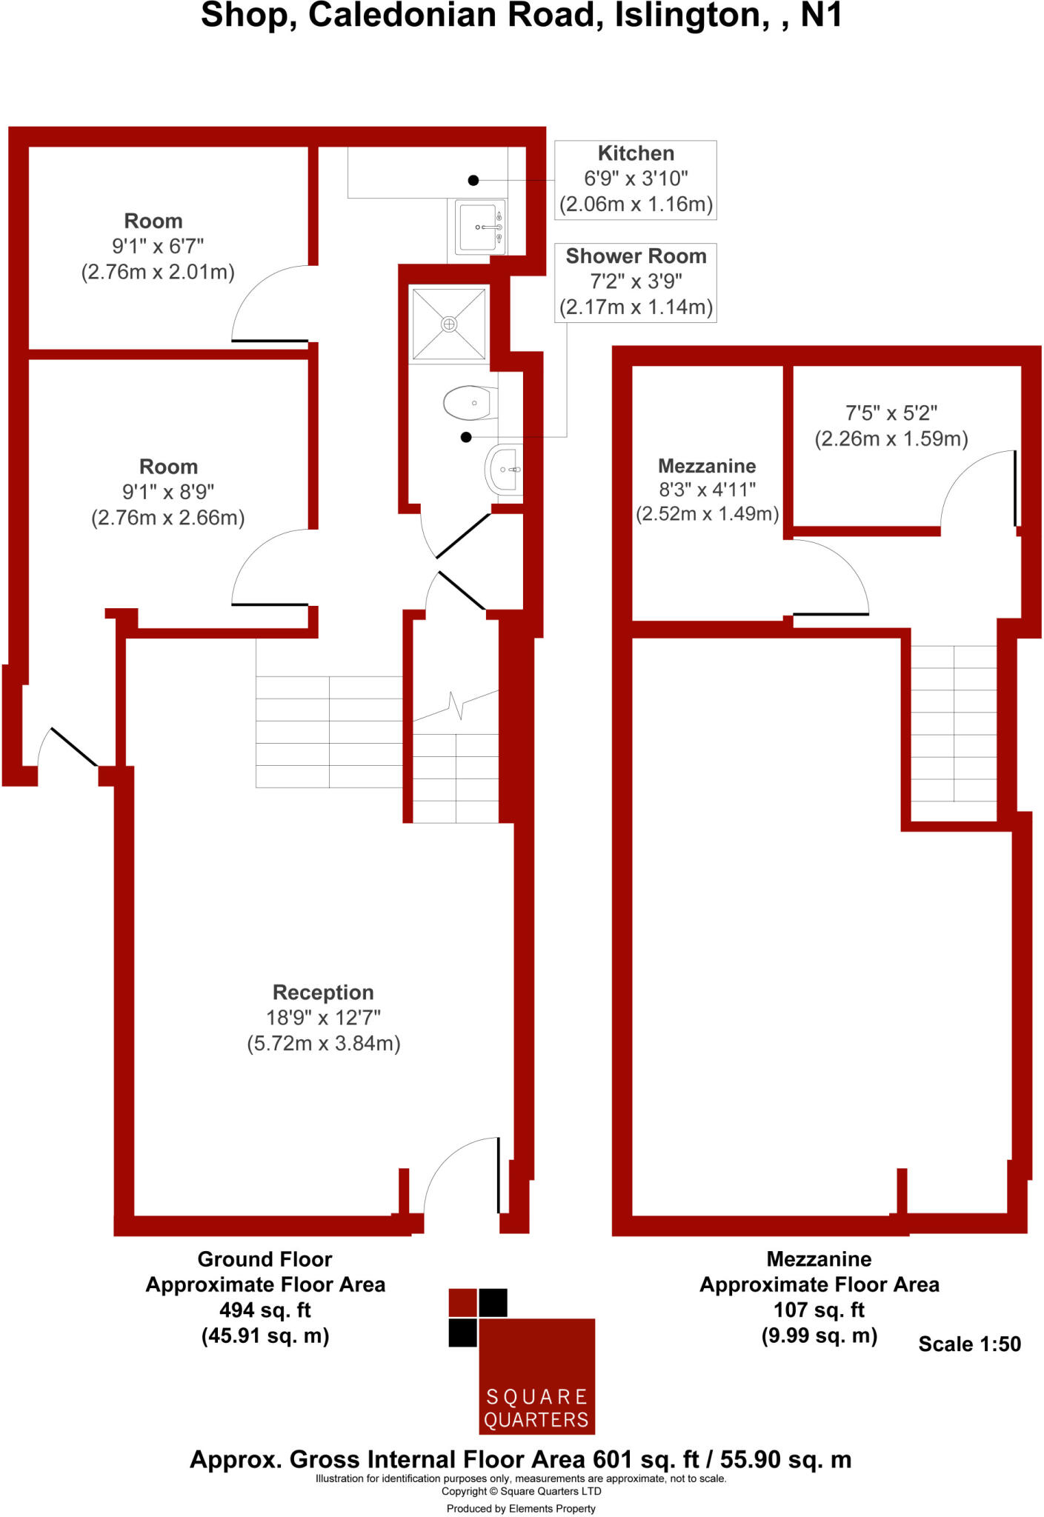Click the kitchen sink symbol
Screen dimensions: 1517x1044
[479, 227]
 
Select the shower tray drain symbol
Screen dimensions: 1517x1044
[449, 324]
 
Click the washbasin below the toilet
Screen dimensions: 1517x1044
[505, 470]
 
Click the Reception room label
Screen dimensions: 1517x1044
[323, 992]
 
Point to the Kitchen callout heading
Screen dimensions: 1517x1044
[636, 153]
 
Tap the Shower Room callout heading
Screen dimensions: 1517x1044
[636, 256]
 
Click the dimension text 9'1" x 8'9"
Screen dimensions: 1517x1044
[168, 492]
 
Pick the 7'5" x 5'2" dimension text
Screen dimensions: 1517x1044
[891, 413]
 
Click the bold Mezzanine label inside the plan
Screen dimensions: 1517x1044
[707, 466]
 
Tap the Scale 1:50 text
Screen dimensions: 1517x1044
[969, 1344]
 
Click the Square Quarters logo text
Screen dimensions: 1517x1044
[536, 1408]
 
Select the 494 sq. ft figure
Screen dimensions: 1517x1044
[265, 1310]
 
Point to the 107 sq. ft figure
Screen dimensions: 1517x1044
[819, 1310]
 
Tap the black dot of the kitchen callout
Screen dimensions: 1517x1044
[473, 180]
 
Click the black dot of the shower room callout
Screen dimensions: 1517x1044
[466, 437]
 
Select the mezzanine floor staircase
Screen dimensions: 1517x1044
[954, 733]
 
